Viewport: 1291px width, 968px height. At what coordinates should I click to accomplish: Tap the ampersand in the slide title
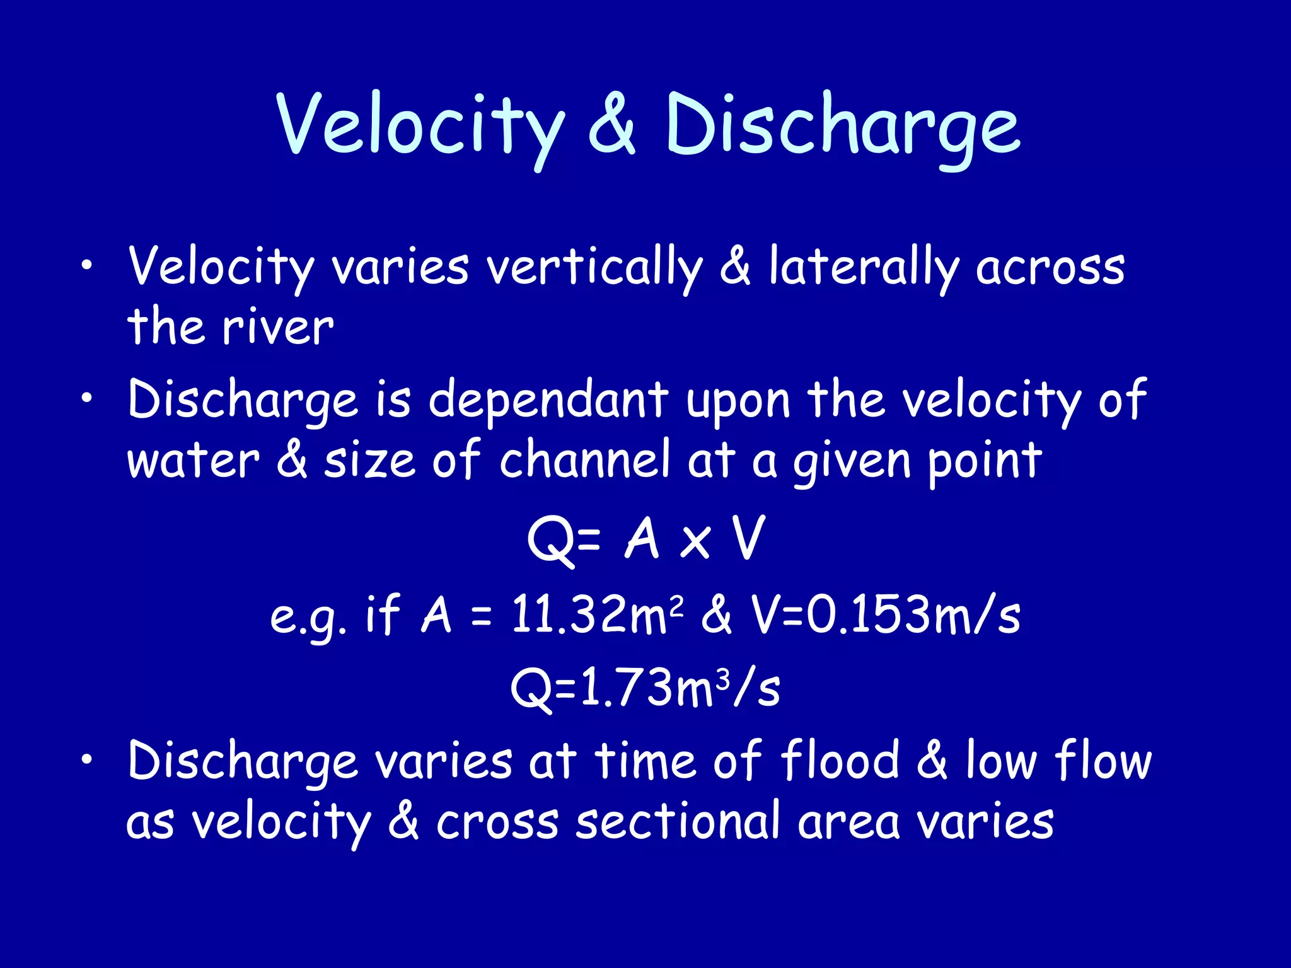(x=611, y=126)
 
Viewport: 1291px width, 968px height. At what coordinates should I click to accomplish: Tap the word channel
(x=584, y=460)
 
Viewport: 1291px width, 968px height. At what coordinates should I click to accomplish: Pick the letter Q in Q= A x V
(x=550, y=540)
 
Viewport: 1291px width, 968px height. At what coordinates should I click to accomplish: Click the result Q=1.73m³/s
(x=645, y=688)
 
